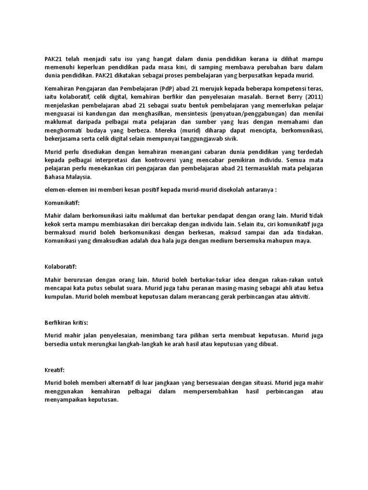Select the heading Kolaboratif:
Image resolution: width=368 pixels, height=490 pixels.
coord(60,266)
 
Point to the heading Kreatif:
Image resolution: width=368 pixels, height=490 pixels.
coord(54,370)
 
